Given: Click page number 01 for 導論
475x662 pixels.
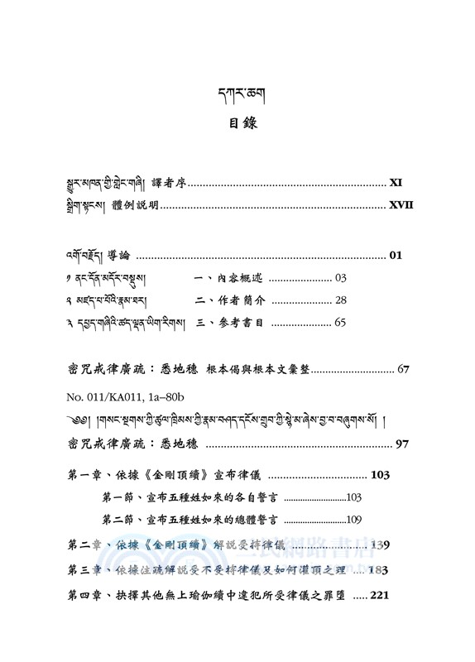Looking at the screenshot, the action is (x=396, y=256).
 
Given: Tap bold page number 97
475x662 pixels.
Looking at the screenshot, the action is (x=403, y=445).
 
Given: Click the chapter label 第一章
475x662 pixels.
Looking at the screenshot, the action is (x=84, y=476).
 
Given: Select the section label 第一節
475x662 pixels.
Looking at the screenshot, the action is (x=119, y=498).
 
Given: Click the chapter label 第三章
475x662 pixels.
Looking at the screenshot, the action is (x=84, y=570).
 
